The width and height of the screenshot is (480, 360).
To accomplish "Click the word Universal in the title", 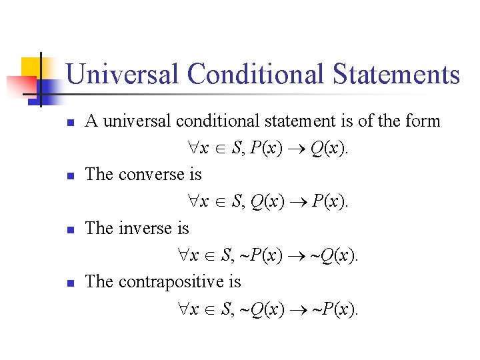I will [x=123, y=74].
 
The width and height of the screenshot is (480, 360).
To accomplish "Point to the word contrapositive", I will [x=169, y=282].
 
